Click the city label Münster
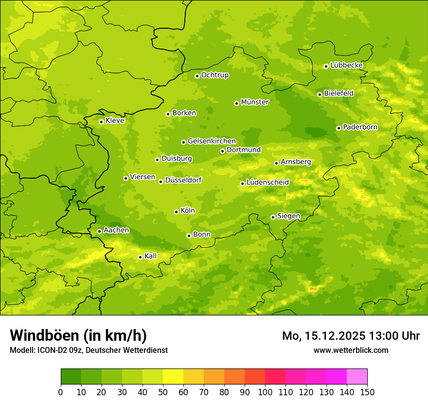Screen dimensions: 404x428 pyautogui.click(x=254, y=102)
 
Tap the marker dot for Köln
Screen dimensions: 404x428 pyautogui.click(x=176, y=212)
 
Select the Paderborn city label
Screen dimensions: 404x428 pyautogui.click(x=360, y=127)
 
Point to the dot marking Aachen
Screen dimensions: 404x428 pyautogui.click(x=99, y=231)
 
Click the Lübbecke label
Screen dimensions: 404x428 pyautogui.click(x=346, y=65)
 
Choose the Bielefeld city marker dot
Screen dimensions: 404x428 pyautogui.click(x=320, y=94)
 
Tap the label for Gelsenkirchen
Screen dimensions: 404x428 pyautogui.click(x=212, y=141)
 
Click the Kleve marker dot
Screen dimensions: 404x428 pyautogui.click(x=101, y=122)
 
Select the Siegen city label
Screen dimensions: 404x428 pyautogui.click(x=288, y=216)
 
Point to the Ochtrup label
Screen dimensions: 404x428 pyautogui.click(x=214, y=75)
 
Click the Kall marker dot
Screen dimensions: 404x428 pyautogui.click(x=140, y=257)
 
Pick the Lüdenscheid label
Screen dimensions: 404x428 pyautogui.click(x=267, y=183)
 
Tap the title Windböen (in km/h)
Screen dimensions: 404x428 pyautogui.click(x=78, y=335)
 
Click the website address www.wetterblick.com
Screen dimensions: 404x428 pyautogui.click(x=351, y=350)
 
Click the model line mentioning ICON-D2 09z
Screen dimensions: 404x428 pyautogui.click(x=89, y=350)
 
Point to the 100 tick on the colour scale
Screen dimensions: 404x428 pyautogui.click(x=265, y=392)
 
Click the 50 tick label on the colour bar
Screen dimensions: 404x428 pyautogui.click(x=163, y=392)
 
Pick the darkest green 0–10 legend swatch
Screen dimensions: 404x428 pyautogui.click(x=71, y=377)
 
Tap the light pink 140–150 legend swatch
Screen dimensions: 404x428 pyautogui.click(x=357, y=377)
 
